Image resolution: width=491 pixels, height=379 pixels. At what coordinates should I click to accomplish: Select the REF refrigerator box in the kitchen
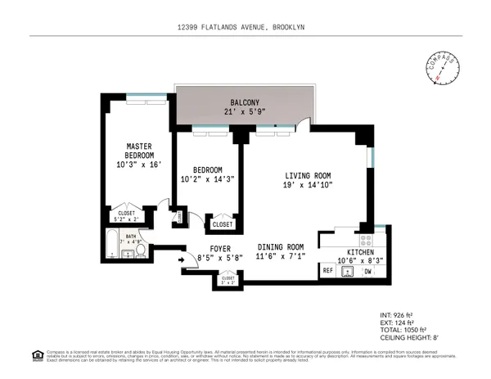[328, 271]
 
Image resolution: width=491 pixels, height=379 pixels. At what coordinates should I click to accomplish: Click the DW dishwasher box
[368, 271]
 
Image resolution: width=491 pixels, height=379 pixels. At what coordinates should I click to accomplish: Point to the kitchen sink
[348, 271]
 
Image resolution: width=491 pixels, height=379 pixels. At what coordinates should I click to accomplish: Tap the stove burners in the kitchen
[367, 241]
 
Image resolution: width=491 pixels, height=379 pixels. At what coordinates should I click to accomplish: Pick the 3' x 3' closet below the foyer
[227, 280]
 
